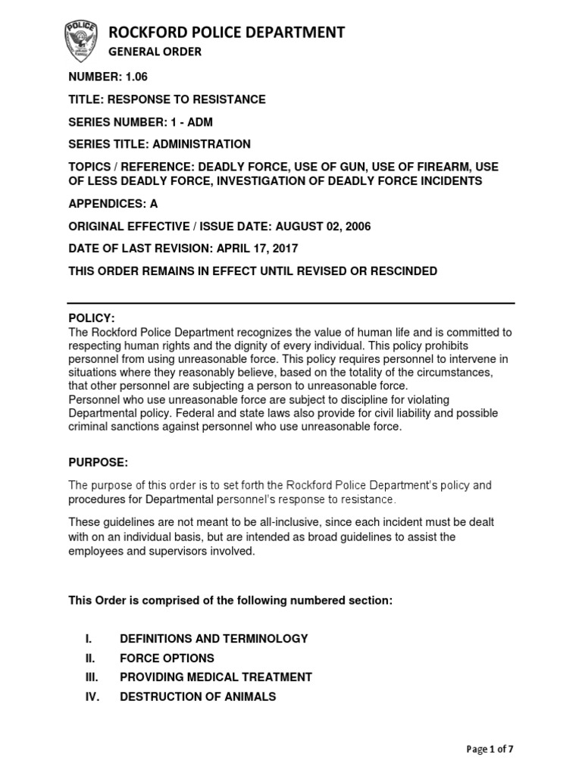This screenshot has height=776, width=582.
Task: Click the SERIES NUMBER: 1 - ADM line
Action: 148,122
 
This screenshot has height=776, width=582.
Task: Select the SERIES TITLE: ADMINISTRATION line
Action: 159,144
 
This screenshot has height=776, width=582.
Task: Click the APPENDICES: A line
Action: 114,204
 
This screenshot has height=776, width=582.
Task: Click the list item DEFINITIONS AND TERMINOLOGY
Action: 214,639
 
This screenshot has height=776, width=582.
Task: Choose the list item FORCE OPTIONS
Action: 167,658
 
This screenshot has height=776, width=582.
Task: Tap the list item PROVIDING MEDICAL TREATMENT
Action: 215,677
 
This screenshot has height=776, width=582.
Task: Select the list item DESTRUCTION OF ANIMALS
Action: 198,696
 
